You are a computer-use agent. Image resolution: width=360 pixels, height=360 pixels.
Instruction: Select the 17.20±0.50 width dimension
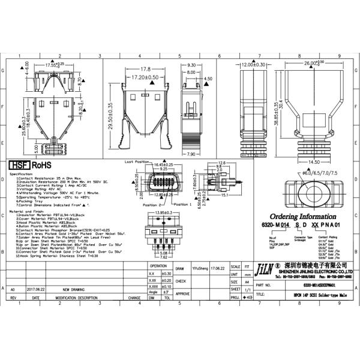point(141,77)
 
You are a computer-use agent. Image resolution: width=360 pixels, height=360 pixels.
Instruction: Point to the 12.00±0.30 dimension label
point(254,64)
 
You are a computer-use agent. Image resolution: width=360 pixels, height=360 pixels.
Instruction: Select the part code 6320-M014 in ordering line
point(273,224)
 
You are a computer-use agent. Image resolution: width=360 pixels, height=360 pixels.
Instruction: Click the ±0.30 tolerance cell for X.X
point(167,273)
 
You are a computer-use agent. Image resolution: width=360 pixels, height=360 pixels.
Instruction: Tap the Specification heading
point(21,174)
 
